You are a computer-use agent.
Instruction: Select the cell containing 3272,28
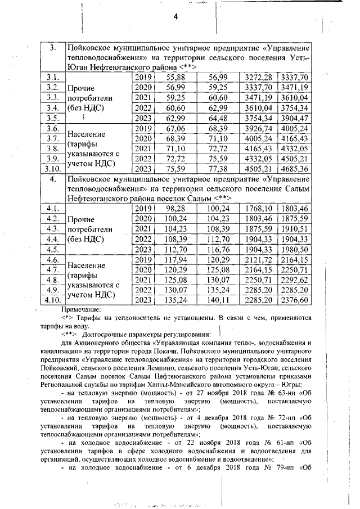coord(259,77)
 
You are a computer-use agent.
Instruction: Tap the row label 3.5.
coord(53,118)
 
